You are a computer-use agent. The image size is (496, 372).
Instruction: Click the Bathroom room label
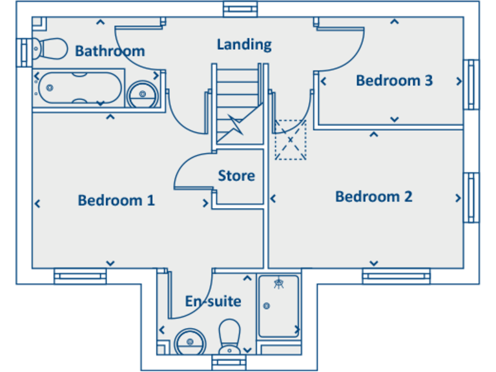110,51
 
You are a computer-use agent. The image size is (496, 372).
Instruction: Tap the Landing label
244,45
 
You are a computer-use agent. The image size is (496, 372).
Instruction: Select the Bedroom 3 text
394,81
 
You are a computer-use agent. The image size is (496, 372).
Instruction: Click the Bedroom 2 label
373,196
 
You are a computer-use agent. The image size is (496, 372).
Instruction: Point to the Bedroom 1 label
116,200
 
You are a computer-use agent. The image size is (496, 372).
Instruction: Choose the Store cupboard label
236,176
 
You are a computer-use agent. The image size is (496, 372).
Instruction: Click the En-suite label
213,302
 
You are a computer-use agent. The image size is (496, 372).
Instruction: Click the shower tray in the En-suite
279,306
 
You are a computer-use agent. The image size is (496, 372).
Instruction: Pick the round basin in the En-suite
189,340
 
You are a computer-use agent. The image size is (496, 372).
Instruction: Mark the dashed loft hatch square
290,139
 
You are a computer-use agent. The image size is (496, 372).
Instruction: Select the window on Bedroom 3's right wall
472,85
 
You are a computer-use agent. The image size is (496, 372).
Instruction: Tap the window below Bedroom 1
80,276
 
